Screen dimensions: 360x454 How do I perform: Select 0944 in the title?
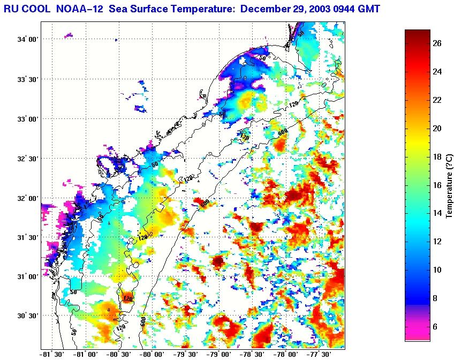click(345, 8)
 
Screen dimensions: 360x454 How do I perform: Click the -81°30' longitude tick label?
click(52, 355)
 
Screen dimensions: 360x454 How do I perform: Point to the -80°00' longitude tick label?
click(152, 355)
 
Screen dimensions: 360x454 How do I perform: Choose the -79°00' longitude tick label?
click(219, 355)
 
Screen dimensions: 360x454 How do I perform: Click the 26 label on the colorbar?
click(437, 44)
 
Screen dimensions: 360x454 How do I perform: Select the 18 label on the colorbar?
click(437, 157)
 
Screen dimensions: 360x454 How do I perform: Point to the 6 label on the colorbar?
click(437, 326)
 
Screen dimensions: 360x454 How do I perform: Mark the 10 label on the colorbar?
click(437, 270)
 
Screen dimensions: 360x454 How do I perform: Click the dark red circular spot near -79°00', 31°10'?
click(218, 261)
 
